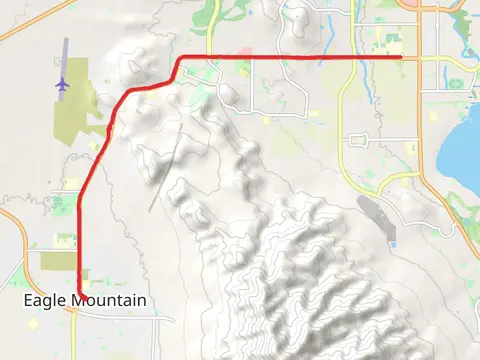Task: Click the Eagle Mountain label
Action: coord(85,300)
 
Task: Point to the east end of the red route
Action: coord(401,57)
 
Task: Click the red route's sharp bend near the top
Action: coord(180,59)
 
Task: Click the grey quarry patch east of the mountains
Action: coord(376,216)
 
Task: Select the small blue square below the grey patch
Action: coord(393,244)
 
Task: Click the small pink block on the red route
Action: coord(246,52)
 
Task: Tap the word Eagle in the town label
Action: coord(44,300)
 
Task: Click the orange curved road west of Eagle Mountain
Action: coord(24,240)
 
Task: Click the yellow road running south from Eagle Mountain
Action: coord(76,335)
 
